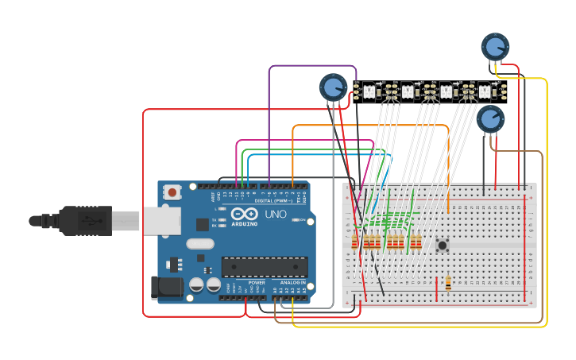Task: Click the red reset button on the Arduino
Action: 172,192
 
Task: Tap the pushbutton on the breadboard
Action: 442,245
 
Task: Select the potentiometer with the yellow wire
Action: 494,46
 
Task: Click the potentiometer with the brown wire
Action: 490,119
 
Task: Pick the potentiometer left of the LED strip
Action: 332,87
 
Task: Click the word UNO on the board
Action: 275,214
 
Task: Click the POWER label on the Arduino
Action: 257,282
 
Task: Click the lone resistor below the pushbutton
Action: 449,282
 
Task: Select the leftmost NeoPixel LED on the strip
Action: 369,92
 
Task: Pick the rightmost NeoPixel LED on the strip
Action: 484,92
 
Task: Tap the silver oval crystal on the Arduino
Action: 201,245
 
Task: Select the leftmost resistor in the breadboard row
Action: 355,242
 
